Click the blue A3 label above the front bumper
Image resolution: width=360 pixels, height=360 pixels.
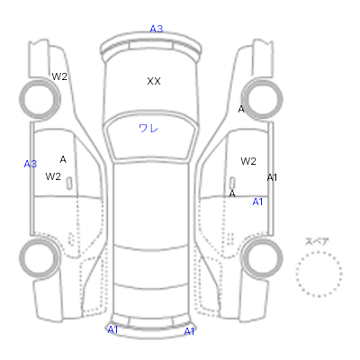[x=157, y=29]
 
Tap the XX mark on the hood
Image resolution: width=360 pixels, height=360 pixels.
[x=154, y=81]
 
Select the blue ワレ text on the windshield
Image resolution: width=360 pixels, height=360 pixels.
[x=148, y=129]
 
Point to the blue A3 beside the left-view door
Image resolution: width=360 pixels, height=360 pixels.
[x=31, y=164]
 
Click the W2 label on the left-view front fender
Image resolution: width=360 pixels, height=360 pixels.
[x=59, y=76]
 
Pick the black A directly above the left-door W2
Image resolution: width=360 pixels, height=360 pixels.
[x=63, y=159]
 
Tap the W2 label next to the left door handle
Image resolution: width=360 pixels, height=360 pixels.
[x=53, y=176]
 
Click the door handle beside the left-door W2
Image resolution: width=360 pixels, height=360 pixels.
[x=69, y=184]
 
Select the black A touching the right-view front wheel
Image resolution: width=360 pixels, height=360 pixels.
[x=241, y=109]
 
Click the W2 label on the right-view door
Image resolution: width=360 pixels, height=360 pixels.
[x=248, y=161]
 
